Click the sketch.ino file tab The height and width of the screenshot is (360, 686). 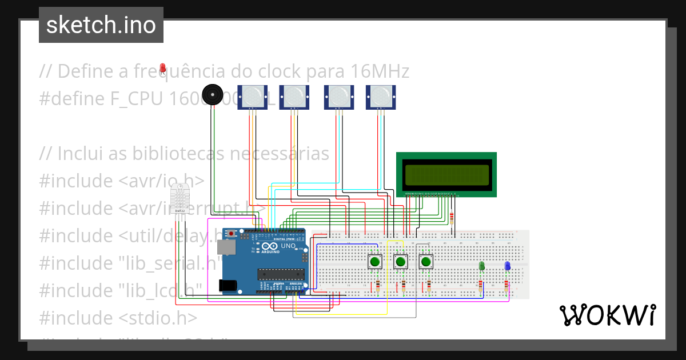tap(101, 25)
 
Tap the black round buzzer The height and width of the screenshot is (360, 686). tap(213, 94)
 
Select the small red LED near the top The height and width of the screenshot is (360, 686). tap(163, 69)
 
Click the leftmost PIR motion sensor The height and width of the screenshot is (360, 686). tap(252, 96)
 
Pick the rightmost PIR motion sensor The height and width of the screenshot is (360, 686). tap(381, 96)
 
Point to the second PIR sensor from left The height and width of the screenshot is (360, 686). tap(294, 96)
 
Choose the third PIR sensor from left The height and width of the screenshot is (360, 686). tap(339, 96)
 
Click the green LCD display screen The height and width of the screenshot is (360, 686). tap(446, 174)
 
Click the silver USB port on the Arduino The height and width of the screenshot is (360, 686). tap(227, 247)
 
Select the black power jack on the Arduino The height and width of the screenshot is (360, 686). tap(229, 285)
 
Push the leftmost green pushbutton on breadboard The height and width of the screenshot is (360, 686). tap(375, 262)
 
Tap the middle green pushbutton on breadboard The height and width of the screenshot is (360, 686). tap(400, 262)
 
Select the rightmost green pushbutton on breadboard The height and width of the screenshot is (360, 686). tap(425, 262)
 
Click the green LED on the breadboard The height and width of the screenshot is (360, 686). tap(481, 266)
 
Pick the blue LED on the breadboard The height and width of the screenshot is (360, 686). tap(507, 266)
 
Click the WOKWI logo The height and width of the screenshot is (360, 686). tap(607, 315)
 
